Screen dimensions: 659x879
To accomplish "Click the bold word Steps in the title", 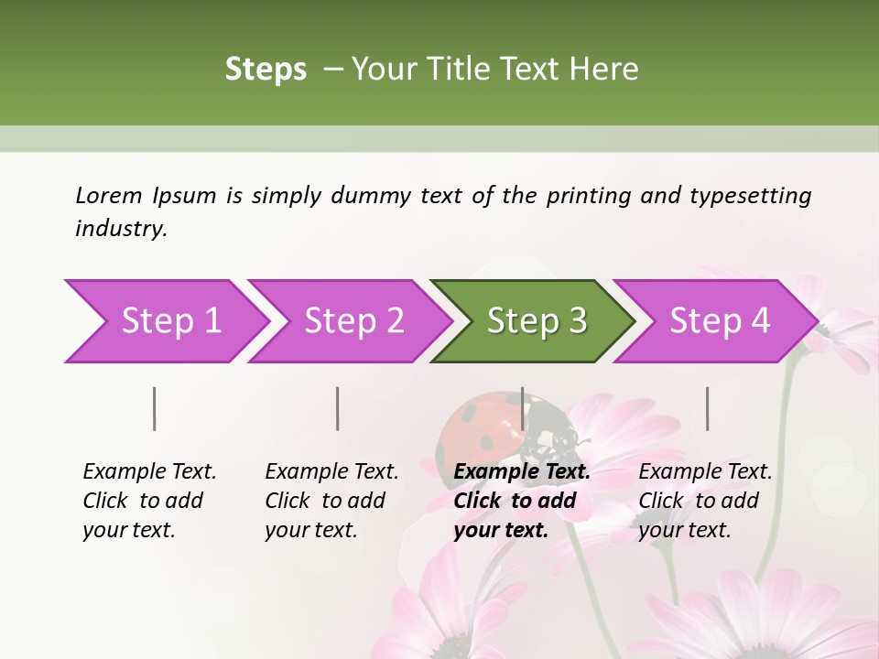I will point(266,70).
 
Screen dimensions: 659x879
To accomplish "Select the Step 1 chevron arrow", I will point(165,321).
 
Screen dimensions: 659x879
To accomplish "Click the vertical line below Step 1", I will point(155,408).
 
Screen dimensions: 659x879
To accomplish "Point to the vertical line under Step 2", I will point(338,408).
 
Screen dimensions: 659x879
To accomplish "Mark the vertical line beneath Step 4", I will point(708,408).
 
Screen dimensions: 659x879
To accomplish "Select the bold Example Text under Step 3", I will point(522,472).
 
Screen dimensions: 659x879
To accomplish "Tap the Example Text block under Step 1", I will point(149,501).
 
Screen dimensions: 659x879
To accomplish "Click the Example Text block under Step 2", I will point(331,501).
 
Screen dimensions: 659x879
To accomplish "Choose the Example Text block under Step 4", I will point(705,501).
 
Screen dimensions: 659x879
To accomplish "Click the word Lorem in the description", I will point(109,195).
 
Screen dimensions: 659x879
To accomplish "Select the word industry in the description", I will point(120,229).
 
